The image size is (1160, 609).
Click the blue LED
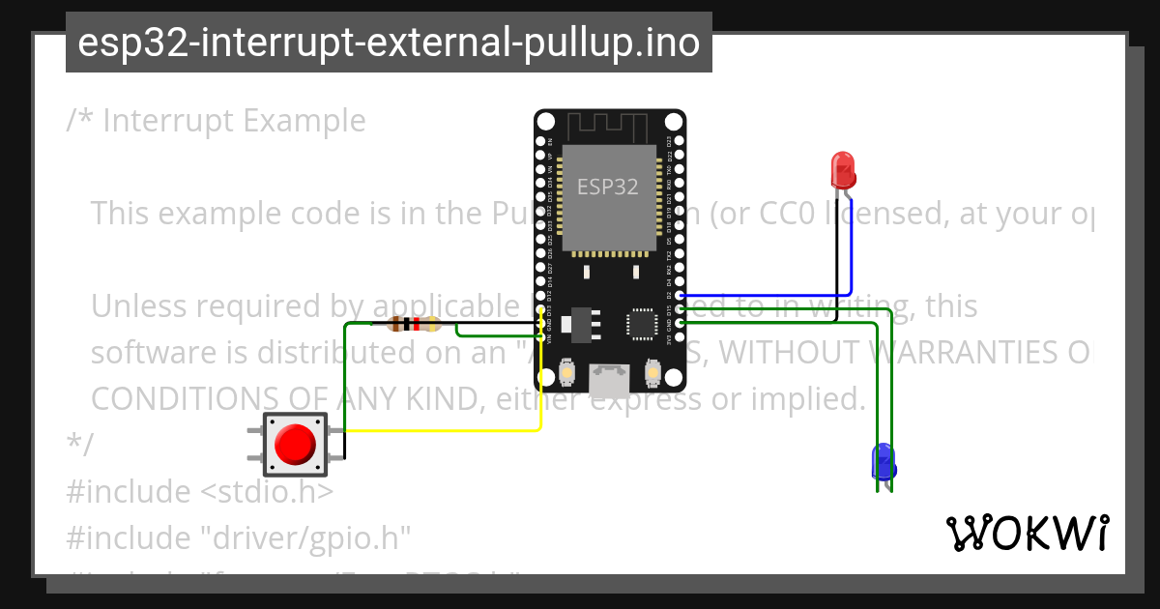click(884, 462)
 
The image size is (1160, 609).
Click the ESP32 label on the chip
click(608, 187)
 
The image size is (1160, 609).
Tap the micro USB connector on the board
click(609, 380)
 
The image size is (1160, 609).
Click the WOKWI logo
click(1027, 533)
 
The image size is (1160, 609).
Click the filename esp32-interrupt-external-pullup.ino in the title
click(389, 43)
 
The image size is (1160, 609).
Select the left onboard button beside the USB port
click(568, 371)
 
